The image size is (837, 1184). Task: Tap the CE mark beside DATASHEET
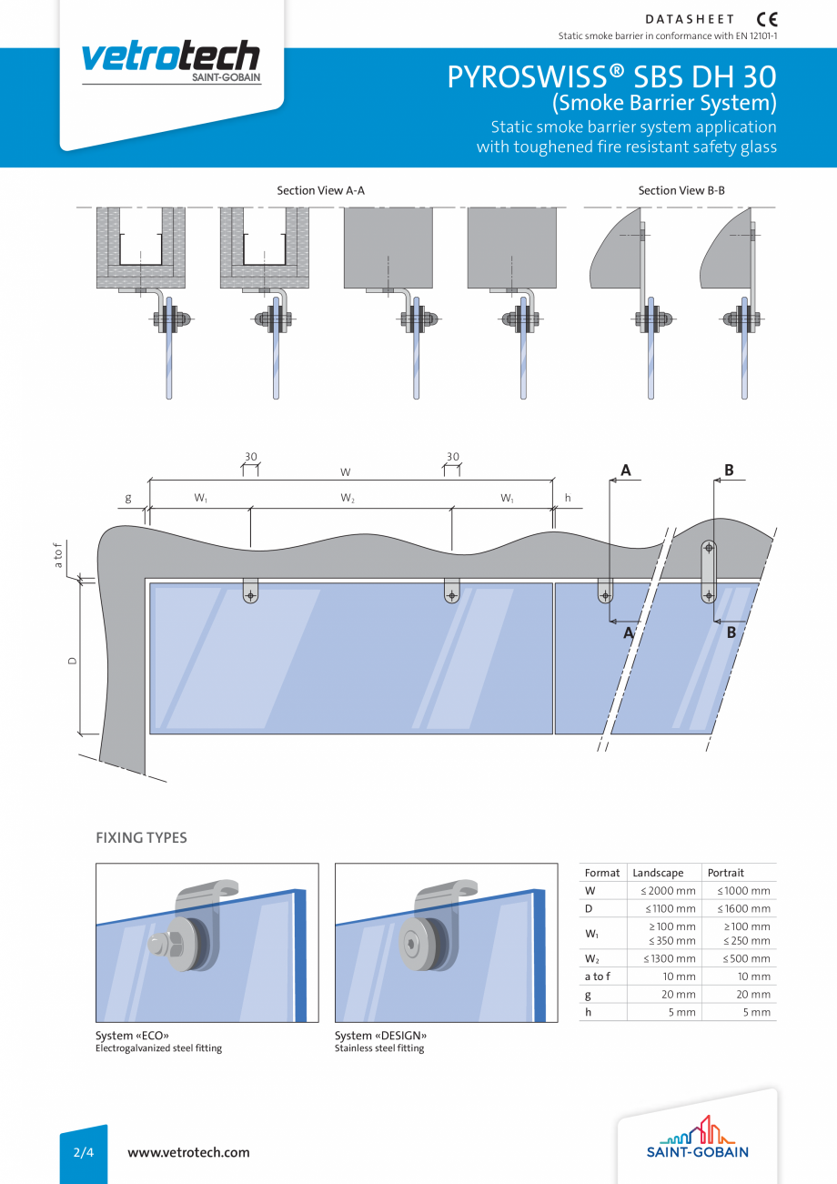point(767,19)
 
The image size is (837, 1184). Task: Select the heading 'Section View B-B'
point(681,191)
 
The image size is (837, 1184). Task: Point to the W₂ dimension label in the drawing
point(348,499)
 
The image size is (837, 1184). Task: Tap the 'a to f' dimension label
point(59,555)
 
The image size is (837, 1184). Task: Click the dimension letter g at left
point(128,499)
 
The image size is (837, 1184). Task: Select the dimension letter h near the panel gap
point(568,499)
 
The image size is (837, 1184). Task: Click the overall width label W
point(346,472)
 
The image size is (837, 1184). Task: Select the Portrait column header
point(726,873)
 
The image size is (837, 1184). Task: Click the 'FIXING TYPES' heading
point(141,838)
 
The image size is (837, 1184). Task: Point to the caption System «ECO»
point(132,1036)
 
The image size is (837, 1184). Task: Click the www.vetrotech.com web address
point(188,1152)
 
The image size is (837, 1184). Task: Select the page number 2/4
point(84,1152)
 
